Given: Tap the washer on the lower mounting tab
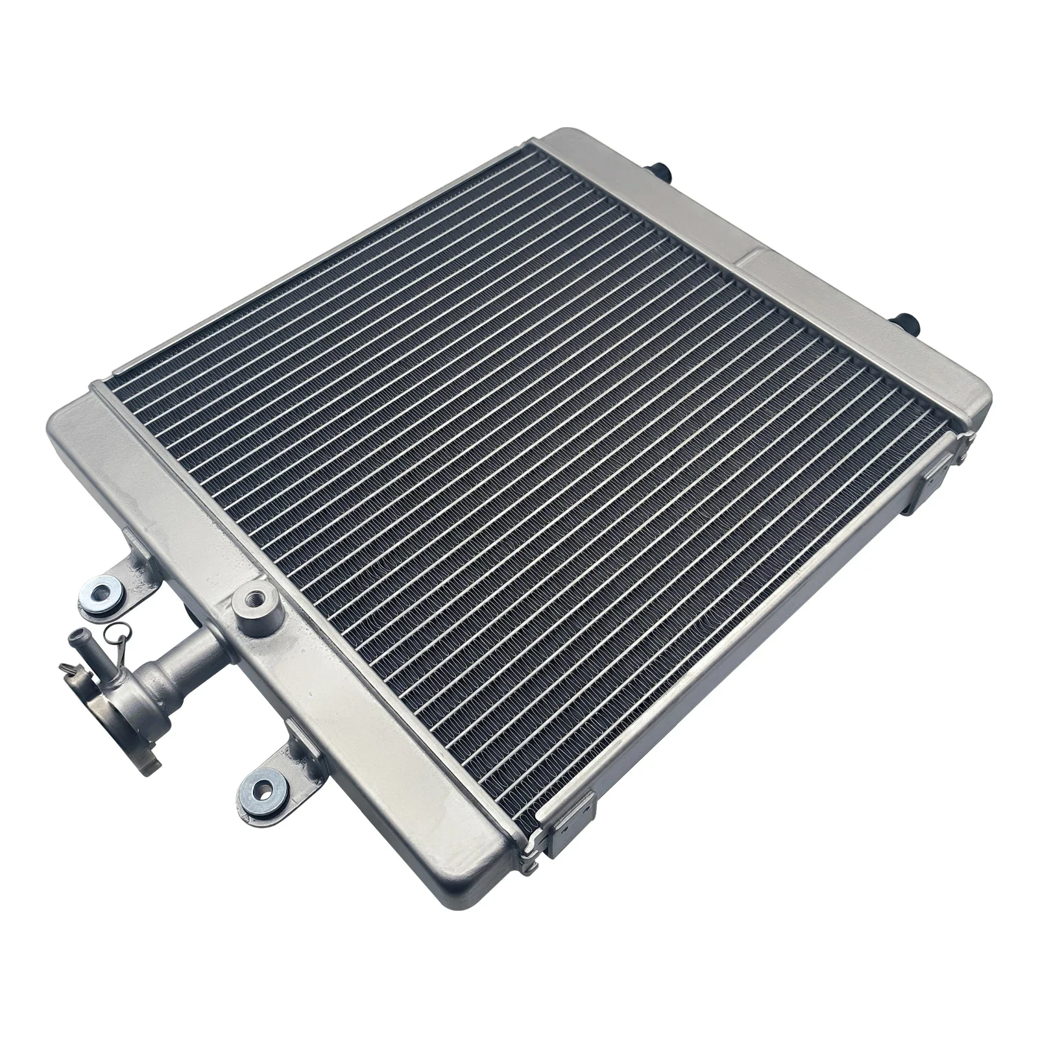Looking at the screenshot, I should click(x=265, y=790).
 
